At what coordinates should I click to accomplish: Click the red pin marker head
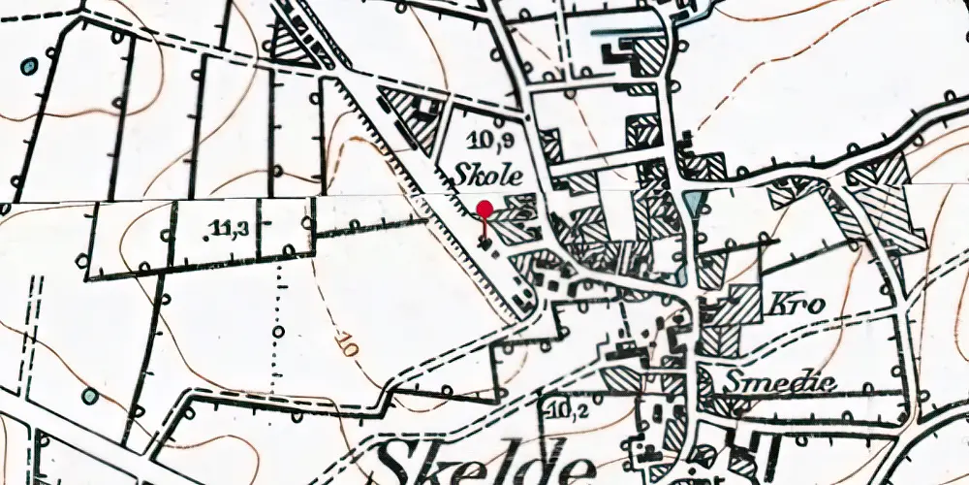[484, 208]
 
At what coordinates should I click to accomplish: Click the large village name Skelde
[484, 460]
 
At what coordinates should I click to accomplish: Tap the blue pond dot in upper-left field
[29, 66]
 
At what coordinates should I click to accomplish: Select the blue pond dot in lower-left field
[90, 396]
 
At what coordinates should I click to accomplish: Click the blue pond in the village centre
[695, 203]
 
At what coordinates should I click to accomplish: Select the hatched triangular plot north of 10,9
[288, 44]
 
